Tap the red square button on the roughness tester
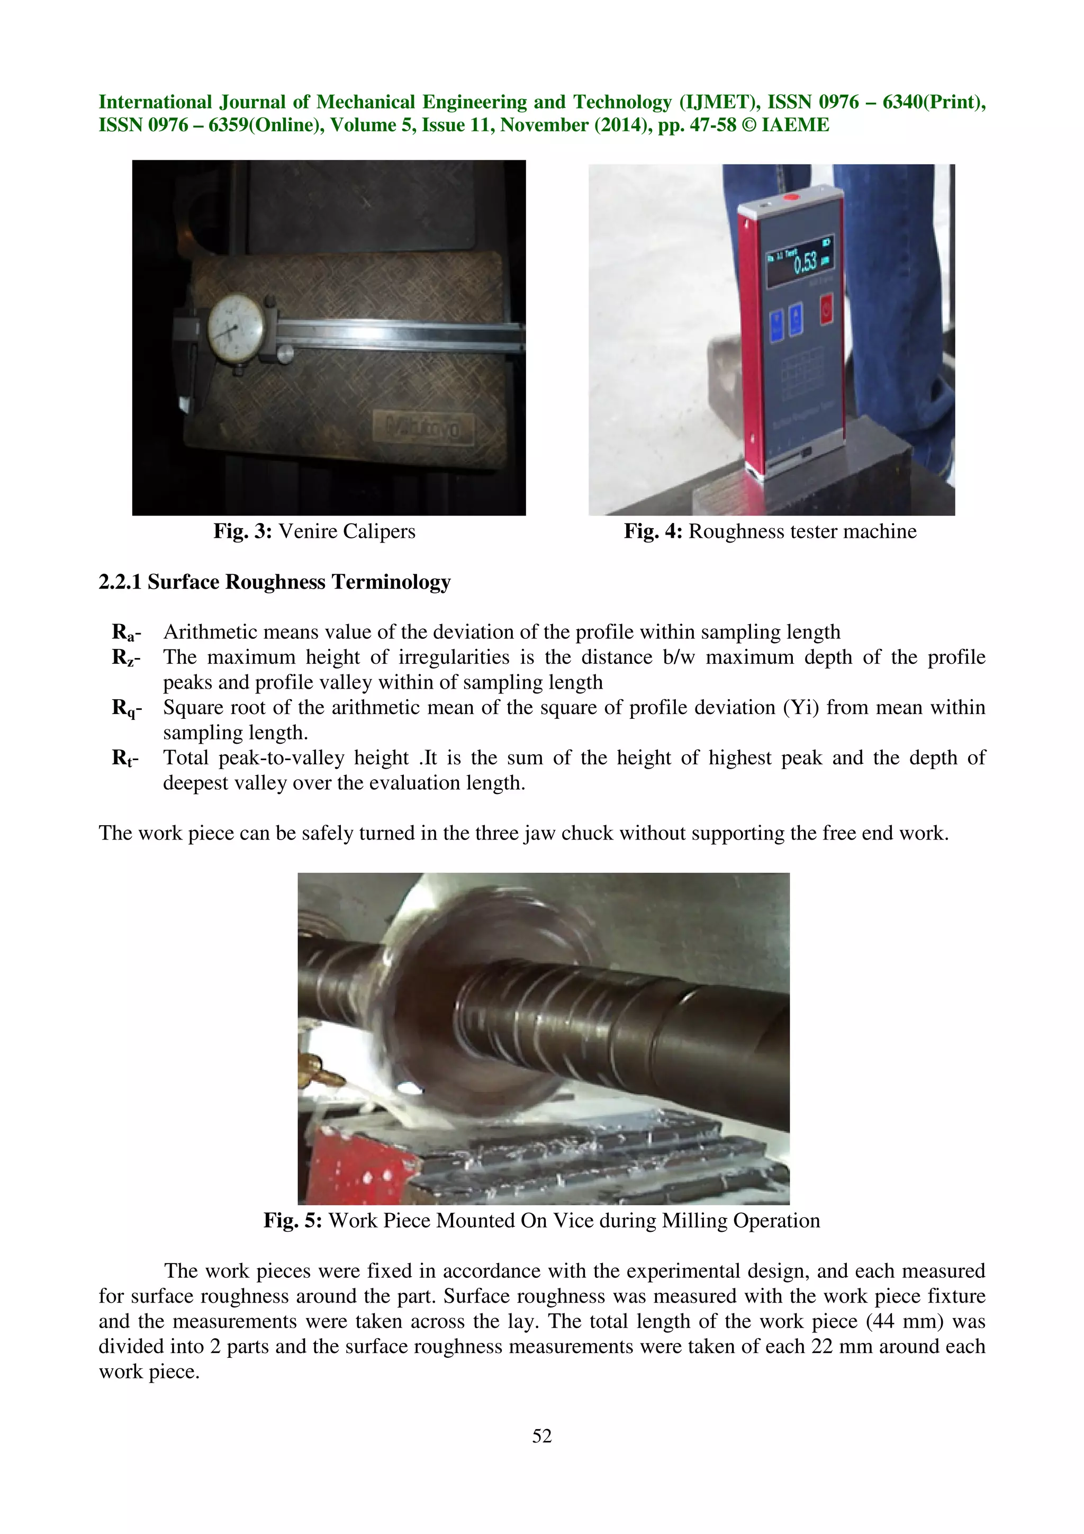tap(826, 310)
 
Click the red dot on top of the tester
tap(791, 198)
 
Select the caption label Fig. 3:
tap(242, 532)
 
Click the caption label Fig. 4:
tap(653, 532)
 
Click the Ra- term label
tap(126, 632)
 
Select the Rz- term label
tap(126, 657)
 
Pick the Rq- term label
tap(126, 708)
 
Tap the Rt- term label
tap(125, 759)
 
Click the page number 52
tap(541, 1435)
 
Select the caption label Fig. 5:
tap(293, 1221)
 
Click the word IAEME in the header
tap(795, 125)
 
